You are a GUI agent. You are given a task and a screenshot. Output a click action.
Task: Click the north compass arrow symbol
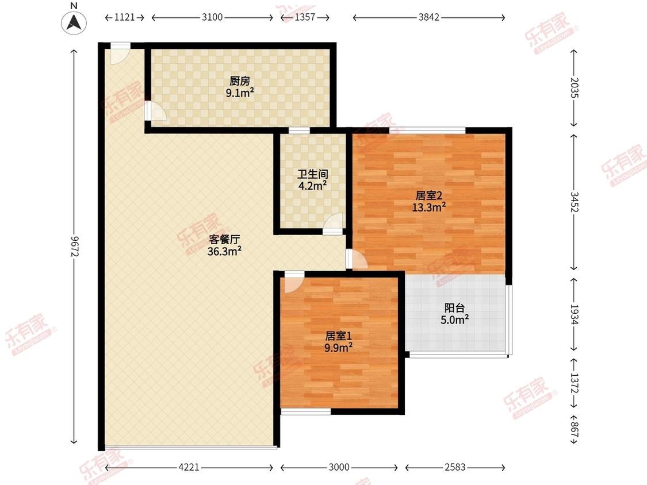74,22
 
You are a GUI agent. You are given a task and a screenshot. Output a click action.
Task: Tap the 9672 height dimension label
75,246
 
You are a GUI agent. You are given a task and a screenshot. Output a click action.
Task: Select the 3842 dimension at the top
428,17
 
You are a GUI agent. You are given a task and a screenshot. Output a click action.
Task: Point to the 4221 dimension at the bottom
189,467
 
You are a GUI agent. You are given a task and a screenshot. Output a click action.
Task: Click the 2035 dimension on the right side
575,88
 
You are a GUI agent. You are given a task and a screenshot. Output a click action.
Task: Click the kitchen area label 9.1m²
240,93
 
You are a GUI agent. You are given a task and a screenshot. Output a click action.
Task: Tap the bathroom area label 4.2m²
312,186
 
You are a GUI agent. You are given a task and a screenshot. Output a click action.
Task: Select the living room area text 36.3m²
224,251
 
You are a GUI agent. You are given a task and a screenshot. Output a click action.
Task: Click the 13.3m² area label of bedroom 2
428,207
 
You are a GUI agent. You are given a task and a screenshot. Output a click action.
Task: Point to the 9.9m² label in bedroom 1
338,348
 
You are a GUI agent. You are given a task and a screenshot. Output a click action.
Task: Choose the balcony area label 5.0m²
455,319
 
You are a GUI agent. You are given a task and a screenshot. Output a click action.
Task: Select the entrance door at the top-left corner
120,53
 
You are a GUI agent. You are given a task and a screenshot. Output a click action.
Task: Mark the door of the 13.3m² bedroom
357,259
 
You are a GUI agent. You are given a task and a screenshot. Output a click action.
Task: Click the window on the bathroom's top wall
299,131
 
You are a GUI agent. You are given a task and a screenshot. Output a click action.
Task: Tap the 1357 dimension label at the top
305,17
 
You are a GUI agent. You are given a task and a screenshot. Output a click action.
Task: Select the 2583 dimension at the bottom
455,467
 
